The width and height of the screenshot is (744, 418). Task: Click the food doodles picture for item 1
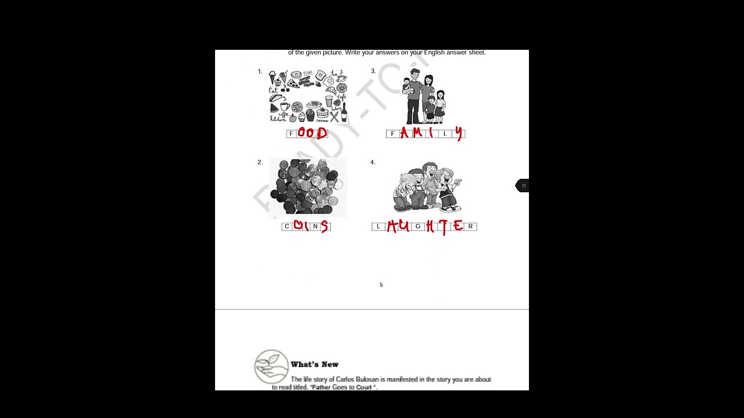coord(307,96)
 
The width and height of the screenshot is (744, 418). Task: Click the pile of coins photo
coord(307,188)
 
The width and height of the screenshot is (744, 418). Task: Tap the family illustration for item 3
coord(424,96)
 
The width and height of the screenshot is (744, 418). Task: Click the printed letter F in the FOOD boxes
coord(291,134)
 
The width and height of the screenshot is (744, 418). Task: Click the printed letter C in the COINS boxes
coord(287,226)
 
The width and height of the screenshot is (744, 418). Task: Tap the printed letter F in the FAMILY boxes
coord(392,134)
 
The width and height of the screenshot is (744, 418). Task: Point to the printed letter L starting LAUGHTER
coord(378,226)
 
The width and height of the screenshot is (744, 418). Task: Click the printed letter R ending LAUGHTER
coord(470,226)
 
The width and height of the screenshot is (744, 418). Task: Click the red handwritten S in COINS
coord(324,226)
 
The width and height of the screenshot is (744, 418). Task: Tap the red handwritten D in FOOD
coord(321,134)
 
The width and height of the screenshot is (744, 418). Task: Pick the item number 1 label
coord(260,71)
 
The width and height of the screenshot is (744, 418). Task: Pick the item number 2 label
coord(260,162)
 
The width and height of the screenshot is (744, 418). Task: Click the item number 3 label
coord(373,71)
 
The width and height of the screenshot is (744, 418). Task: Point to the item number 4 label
coord(373,162)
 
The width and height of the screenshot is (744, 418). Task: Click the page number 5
coord(381,285)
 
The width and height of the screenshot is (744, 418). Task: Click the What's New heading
coord(314,365)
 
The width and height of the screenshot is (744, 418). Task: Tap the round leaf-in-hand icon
coord(271,366)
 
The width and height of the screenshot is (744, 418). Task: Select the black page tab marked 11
coord(523,186)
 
